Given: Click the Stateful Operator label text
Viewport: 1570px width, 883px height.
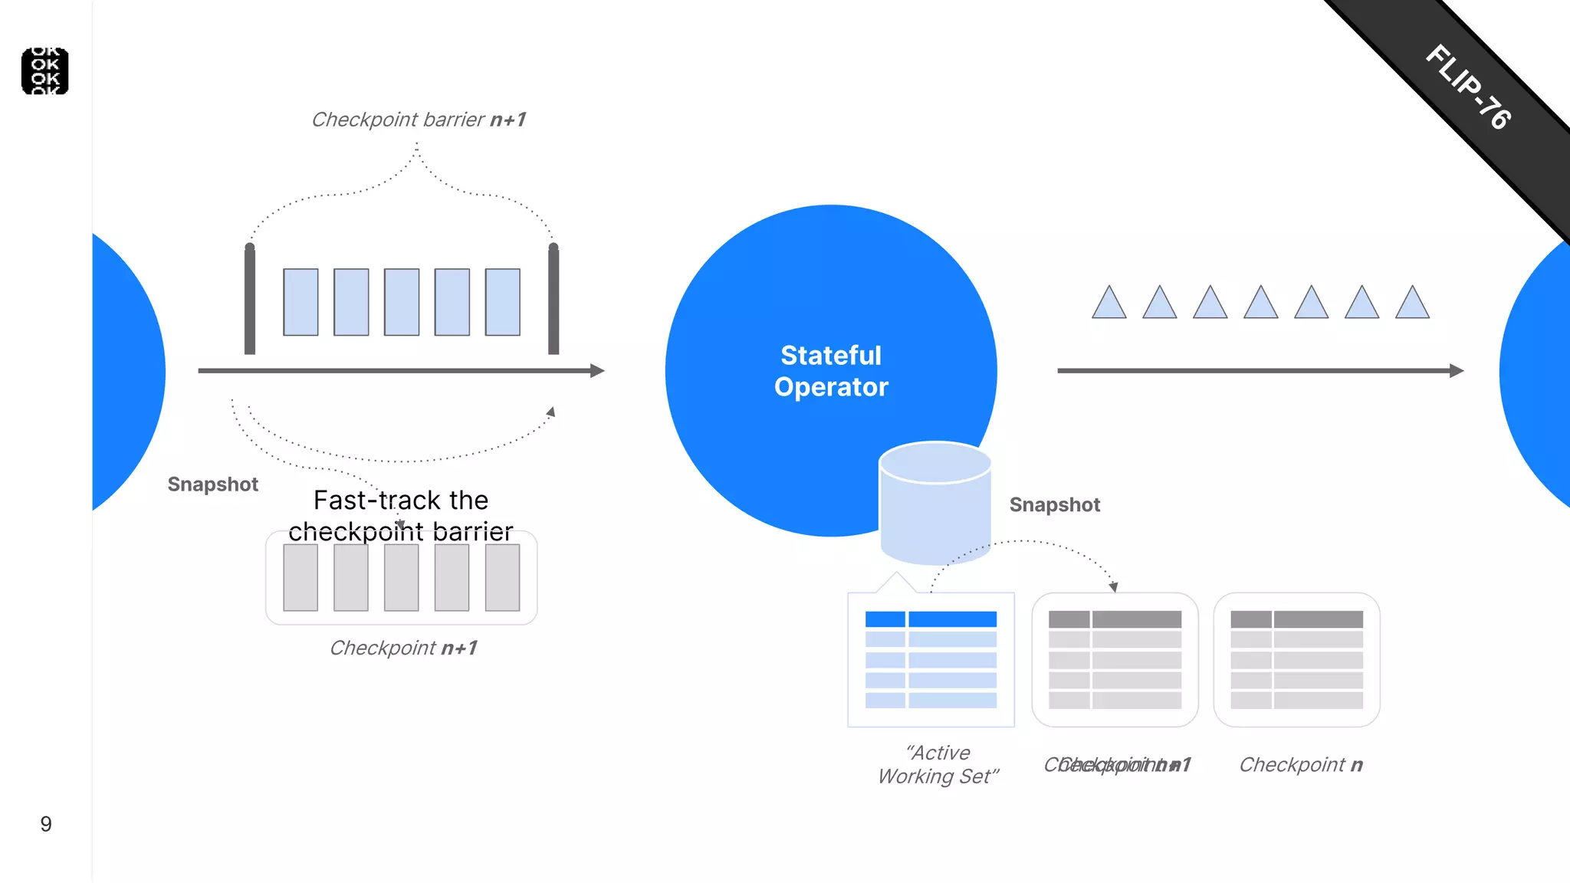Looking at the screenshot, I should point(831,371).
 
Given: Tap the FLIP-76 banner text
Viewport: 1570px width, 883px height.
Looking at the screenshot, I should point(1468,87).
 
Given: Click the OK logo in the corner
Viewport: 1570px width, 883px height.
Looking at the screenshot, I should point(45,71).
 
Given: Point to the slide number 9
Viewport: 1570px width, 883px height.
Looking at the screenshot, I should point(46,824).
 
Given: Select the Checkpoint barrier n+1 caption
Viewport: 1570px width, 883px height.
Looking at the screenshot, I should point(419,120).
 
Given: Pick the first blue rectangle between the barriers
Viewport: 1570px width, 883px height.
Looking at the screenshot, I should point(301,302).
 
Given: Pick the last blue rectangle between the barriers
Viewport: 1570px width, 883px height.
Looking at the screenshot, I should point(503,302).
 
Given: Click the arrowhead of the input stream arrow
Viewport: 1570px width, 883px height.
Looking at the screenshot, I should point(597,371).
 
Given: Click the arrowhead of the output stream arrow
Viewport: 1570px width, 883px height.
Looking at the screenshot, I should point(1457,371).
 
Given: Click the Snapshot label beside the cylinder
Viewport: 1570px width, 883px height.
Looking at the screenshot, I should point(1054,505).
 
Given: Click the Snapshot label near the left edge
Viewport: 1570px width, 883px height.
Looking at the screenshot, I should point(213,484).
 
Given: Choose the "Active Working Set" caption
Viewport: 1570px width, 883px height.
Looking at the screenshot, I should point(938,764).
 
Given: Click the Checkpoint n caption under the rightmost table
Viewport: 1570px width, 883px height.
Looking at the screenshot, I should point(1301,765).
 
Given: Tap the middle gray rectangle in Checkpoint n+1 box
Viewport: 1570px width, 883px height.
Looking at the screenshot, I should point(402,578).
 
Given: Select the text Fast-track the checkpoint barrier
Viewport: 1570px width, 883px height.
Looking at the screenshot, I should point(401,515).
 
